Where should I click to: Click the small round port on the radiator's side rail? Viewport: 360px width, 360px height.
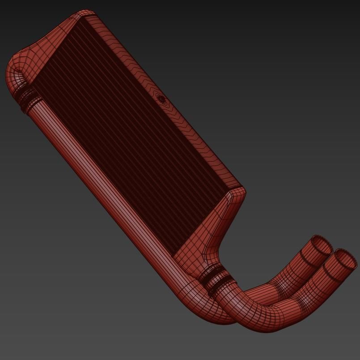[162, 100]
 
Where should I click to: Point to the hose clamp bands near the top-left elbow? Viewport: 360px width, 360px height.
[28, 97]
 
